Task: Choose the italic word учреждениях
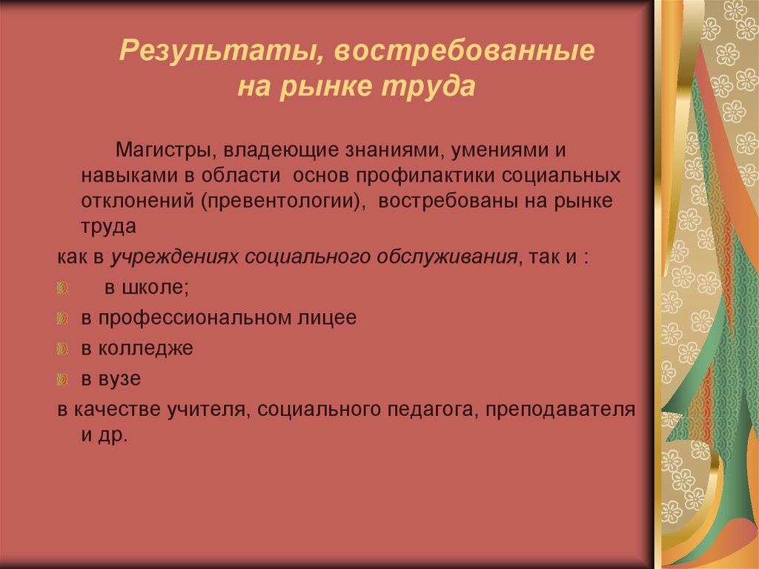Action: click(x=175, y=257)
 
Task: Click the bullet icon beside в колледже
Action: click(x=63, y=349)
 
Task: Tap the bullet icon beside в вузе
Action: click(x=63, y=379)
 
